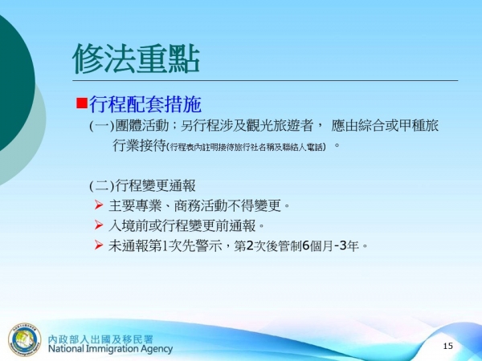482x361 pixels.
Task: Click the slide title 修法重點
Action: pyautogui.click(x=136, y=57)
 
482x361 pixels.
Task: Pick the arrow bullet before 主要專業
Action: pyautogui.click(x=99, y=205)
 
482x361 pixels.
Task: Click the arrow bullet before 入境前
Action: pyautogui.click(x=99, y=225)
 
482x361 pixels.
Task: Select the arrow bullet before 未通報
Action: pyautogui.click(x=99, y=245)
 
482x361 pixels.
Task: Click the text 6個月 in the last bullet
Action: pyautogui.click(x=317, y=245)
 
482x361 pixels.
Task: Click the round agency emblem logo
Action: pyautogui.click(x=25, y=340)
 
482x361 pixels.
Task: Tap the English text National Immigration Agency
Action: pyautogui.click(x=111, y=349)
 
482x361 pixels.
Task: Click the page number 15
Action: pyautogui.click(x=448, y=346)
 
